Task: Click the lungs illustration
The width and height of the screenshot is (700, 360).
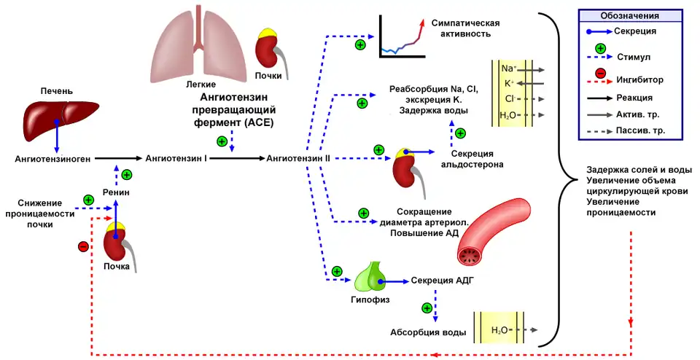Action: tap(199, 52)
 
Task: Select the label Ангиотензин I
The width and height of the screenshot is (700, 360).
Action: tap(176, 157)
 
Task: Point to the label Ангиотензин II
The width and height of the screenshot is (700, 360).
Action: tap(299, 157)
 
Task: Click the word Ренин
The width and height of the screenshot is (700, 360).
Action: tap(117, 192)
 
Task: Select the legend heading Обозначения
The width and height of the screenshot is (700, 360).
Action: tap(630, 15)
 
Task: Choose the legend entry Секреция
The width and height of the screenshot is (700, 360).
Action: tap(635, 31)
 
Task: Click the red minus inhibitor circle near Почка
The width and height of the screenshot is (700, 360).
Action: tap(82, 246)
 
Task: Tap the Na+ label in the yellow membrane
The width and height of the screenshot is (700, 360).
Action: tap(509, 69)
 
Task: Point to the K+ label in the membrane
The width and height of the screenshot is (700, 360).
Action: tap(509, 83)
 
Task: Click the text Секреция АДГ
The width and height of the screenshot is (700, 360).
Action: tap(443, 281)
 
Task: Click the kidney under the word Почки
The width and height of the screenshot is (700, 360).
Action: tap(268, 52)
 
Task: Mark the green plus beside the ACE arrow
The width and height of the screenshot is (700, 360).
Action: tap(222, 141)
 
